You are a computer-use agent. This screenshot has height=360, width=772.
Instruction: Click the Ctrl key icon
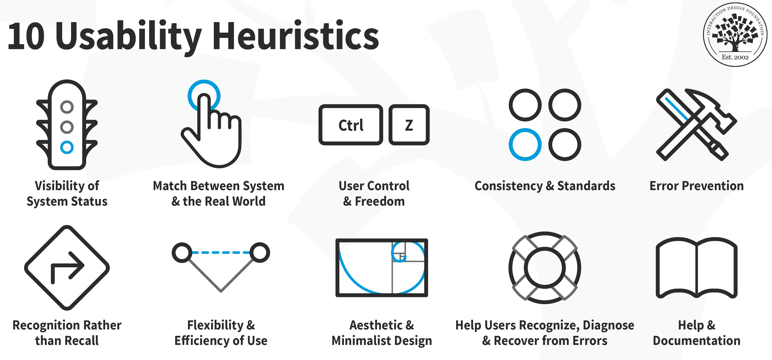click(x=351, y=125)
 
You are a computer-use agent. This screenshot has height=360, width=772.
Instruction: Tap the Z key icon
click(x=409, y=125)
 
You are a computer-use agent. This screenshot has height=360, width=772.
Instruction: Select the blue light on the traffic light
click(x=67, y=147)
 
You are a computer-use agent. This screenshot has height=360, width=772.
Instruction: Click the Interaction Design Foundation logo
click(x=735, y=34)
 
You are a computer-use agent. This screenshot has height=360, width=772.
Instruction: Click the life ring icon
click(x=545, y=268)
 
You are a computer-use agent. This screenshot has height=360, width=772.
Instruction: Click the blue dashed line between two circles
click(x=221, y=252)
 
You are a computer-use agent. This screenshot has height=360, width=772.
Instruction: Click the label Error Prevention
click(x=696, y=186)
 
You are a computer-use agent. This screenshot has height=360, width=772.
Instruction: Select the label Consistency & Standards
click(x=545, y=186)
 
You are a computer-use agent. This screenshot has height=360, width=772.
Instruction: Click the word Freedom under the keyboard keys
click(x=380, y=201)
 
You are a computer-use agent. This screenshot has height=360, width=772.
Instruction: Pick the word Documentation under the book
click(x=696, y=341)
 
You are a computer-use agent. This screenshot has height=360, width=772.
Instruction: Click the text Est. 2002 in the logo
click(x=735, y=57)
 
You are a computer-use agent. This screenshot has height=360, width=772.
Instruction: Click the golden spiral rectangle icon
click(x=382, y=268)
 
